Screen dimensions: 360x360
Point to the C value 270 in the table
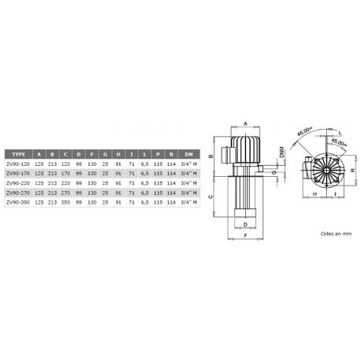click(x=66, y=192)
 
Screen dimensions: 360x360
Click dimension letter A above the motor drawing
click(x=244, y=124)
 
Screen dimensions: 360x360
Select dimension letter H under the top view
click(x=314, y=193)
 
